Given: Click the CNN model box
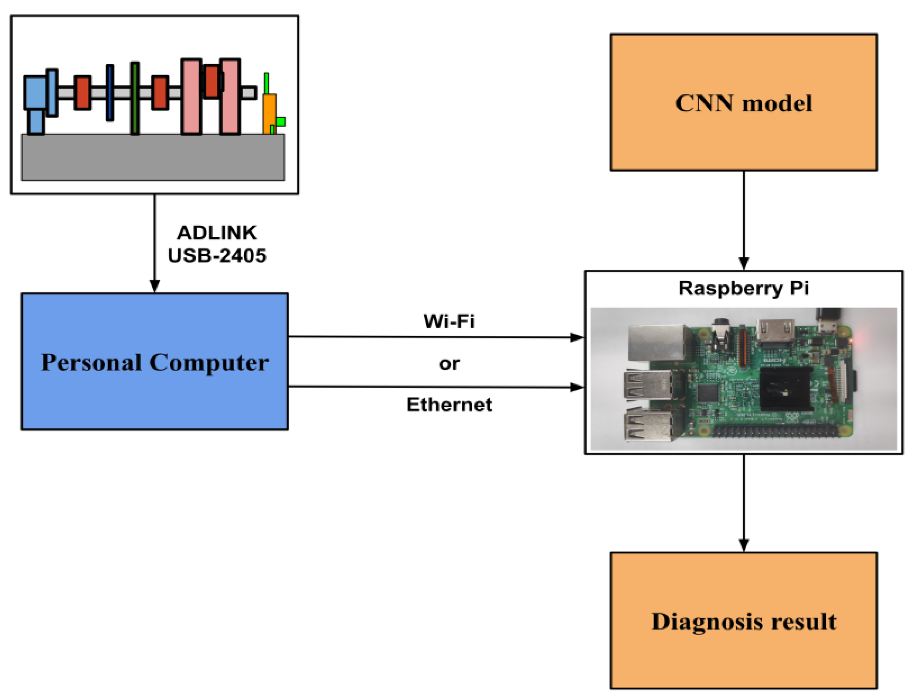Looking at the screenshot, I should [743, 102].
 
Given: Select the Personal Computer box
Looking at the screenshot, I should [154, 361].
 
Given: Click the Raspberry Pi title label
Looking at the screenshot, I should [743, 288].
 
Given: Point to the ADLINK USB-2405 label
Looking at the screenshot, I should [217, 244].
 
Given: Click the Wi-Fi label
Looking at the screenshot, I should [449, 321].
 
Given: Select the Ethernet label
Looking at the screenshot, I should [449, 405].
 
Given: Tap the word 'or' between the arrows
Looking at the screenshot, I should [449, 364].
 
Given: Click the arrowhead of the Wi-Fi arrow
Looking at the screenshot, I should [577, 337].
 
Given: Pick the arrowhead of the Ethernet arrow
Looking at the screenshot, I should [577, 388].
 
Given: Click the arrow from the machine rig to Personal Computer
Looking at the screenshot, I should [154, 242].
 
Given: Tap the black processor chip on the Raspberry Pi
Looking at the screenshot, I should [785, 388].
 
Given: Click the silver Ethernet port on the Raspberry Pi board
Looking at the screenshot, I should [656, 342].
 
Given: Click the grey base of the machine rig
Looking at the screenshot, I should [153, 157].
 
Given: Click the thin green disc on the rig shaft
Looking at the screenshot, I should [134, 98].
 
